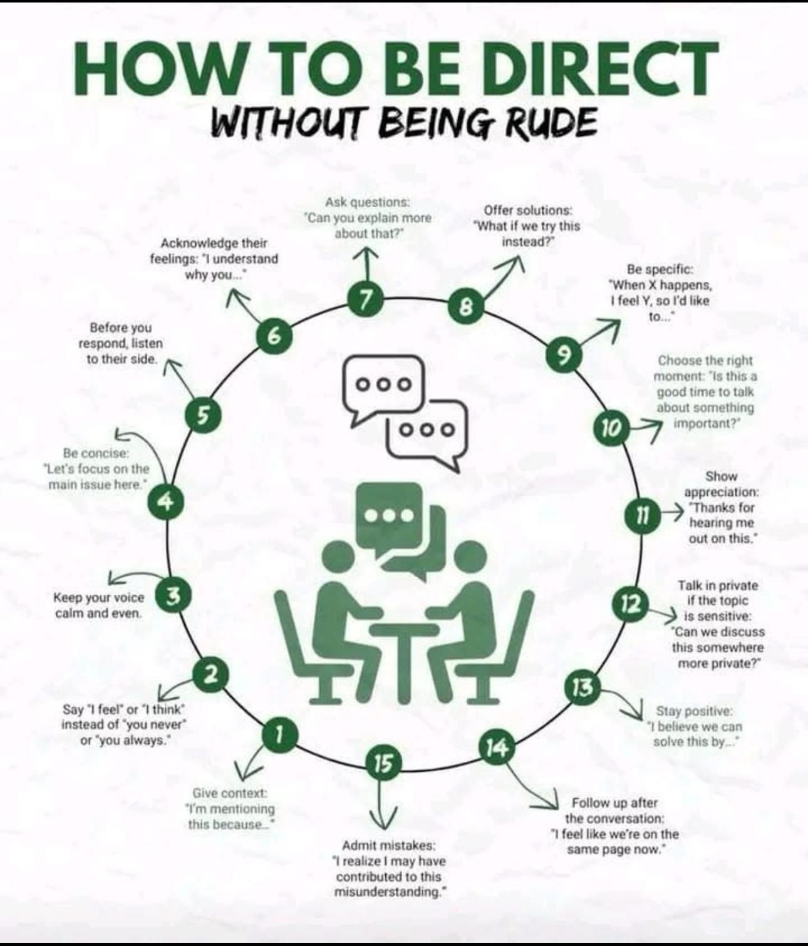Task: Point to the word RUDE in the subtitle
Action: click(554, 123)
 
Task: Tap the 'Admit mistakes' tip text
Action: click(388, 868)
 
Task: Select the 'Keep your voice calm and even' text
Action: click(99, 605)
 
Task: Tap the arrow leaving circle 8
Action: click(503, 279)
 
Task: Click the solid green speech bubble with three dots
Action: click(388, 517)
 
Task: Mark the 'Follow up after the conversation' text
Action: click(614, 826)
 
